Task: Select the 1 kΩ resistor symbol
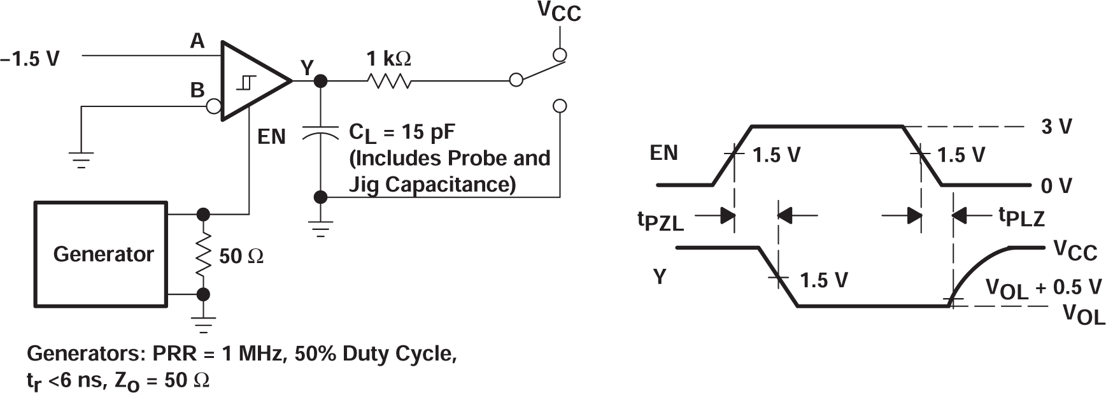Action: [x=388, y=81]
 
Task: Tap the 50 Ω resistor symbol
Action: [x=203, y=254]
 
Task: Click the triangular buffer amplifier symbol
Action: [x=251, y=82]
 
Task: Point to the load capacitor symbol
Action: [x=321, y=133]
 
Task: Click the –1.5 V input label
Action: [x=30, y=59]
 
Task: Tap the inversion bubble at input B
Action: [x=215, y=106]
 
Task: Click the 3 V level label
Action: [x=1056, y=127]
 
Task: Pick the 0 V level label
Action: [x=1056, y=185]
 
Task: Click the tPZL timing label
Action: [x=660, y=221]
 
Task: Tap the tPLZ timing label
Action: [x=1021, y=217]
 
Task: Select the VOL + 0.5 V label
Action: [x=1043, y=289]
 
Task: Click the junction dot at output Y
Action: [x=321, y=81]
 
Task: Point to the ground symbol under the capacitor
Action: [x=321, y=228]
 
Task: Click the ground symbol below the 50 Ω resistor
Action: [x=203, y=325]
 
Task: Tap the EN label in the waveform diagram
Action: [x=663, y=153]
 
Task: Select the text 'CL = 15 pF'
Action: [x=402, y=132]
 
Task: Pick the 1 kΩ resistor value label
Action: [x=388, y=59]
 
